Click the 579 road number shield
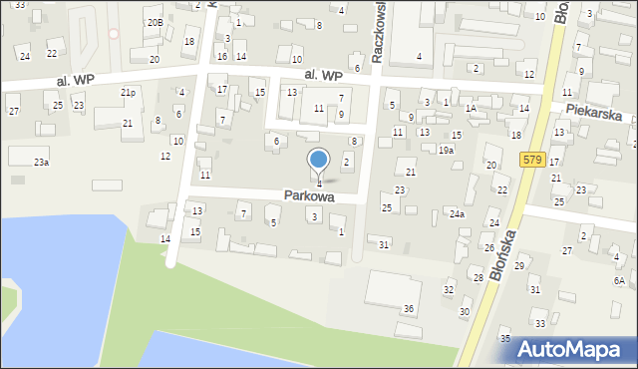click(x=530, y=160)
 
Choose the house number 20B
click(x=154, y=22)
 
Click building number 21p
click(x=129, y=92)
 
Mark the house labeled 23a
click(x=41, y=162)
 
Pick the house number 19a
click(x=446, y=151)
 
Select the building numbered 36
click(x=409, y=309)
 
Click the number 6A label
click(x=619, y=281)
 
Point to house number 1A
click(x=471, y=108)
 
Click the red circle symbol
click(x=114, y=33)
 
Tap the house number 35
click(x=505, y=339)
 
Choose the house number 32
click(x=449, y=289)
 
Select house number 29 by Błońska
click(x=518, y=265)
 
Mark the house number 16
click(x=221, y=57)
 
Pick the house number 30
click(x=464, y=312)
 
